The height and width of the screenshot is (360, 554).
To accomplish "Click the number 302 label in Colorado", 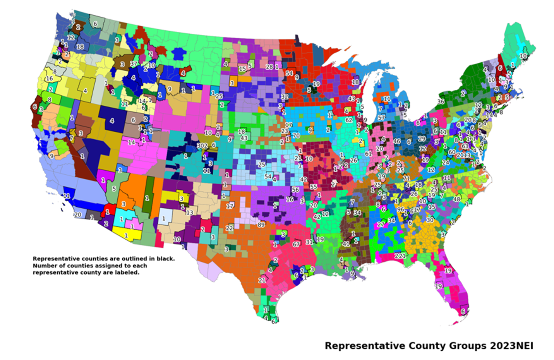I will [x=202, y=146].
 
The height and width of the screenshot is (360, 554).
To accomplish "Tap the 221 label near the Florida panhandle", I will [x=400, y=256].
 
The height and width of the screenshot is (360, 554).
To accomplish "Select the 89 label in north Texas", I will [x=261, y=225].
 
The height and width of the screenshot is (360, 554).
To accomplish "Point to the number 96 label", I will [x=401, y=209].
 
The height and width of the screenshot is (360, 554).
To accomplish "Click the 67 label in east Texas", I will [x=296, y=244].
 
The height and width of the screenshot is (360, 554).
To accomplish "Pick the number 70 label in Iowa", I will [x=296, y=136].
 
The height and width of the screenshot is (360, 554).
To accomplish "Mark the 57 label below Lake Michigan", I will [x=381, y=118].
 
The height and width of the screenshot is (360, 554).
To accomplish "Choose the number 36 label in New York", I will [x=441, y=102].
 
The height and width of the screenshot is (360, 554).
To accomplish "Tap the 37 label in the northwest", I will [x=134, y=64].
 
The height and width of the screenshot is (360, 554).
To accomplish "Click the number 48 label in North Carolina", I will [x=457, y=200].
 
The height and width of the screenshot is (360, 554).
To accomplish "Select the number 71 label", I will [x=406, y=179].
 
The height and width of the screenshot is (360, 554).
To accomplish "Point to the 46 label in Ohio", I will [x=397, y=142].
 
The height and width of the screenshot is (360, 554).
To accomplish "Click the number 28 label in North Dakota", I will [x=269, y=67].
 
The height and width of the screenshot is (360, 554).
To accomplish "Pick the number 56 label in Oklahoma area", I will [x=295, y=190].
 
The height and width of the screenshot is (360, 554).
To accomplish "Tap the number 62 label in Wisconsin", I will [x=349, y=120].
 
